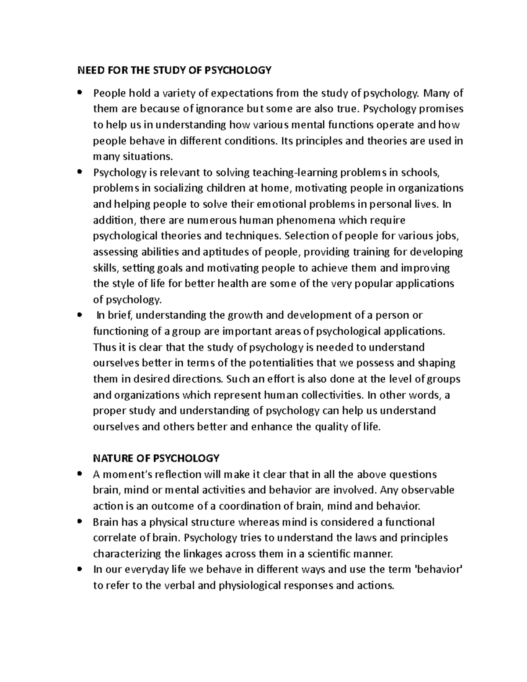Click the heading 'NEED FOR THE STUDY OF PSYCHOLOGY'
174,70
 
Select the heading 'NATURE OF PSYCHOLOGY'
156,458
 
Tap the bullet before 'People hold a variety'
79,93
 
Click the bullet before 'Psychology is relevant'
79,172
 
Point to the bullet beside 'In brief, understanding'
79,315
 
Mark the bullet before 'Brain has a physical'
79,522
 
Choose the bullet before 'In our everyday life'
79,570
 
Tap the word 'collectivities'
330,395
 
